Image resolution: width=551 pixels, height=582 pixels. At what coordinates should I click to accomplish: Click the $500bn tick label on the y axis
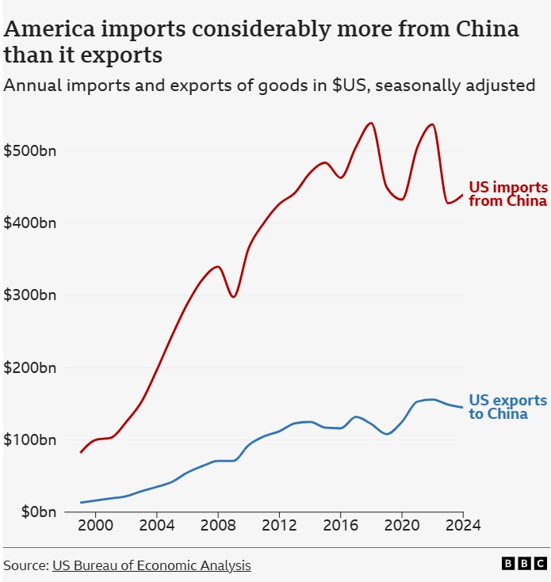point(30,150)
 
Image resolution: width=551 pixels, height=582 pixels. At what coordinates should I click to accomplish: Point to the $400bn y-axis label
point(30,223)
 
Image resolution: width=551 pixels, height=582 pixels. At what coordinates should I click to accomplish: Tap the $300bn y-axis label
point(30,295)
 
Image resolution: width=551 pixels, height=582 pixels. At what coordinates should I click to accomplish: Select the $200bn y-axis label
point(30,367)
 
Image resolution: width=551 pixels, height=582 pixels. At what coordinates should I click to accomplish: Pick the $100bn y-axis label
point(30,439)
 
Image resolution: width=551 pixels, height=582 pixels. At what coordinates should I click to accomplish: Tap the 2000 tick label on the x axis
point(95,525)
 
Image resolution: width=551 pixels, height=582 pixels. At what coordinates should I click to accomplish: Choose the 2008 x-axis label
point(217,525)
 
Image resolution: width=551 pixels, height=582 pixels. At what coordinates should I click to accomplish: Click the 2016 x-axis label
point(340,525)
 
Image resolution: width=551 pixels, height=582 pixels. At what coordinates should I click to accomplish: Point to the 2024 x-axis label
point(463,525)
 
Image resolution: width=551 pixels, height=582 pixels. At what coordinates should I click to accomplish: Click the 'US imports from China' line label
point(507,194)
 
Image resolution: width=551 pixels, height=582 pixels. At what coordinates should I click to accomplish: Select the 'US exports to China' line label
point(507,407)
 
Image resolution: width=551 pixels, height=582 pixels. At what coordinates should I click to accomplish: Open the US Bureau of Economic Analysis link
point(151,565)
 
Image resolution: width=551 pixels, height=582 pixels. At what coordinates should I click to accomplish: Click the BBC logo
point(524,564)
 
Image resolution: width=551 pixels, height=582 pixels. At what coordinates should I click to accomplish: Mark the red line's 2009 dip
point(233,296)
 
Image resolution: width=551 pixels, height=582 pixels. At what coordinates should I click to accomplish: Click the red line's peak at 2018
point(371,123)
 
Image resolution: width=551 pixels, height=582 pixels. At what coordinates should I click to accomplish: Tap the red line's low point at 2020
point(402,199)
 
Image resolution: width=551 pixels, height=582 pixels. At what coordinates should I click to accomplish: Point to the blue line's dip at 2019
point(387,434)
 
